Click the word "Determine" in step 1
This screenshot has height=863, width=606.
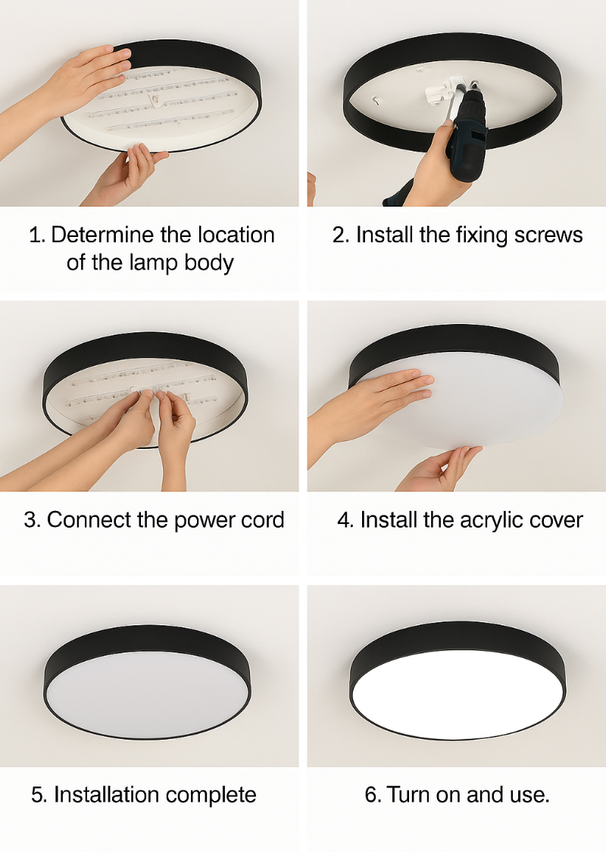(x=102, y=235)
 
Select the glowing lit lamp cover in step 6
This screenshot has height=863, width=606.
(x=458, y=693)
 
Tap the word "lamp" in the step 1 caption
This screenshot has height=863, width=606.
(x=150, y=263)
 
